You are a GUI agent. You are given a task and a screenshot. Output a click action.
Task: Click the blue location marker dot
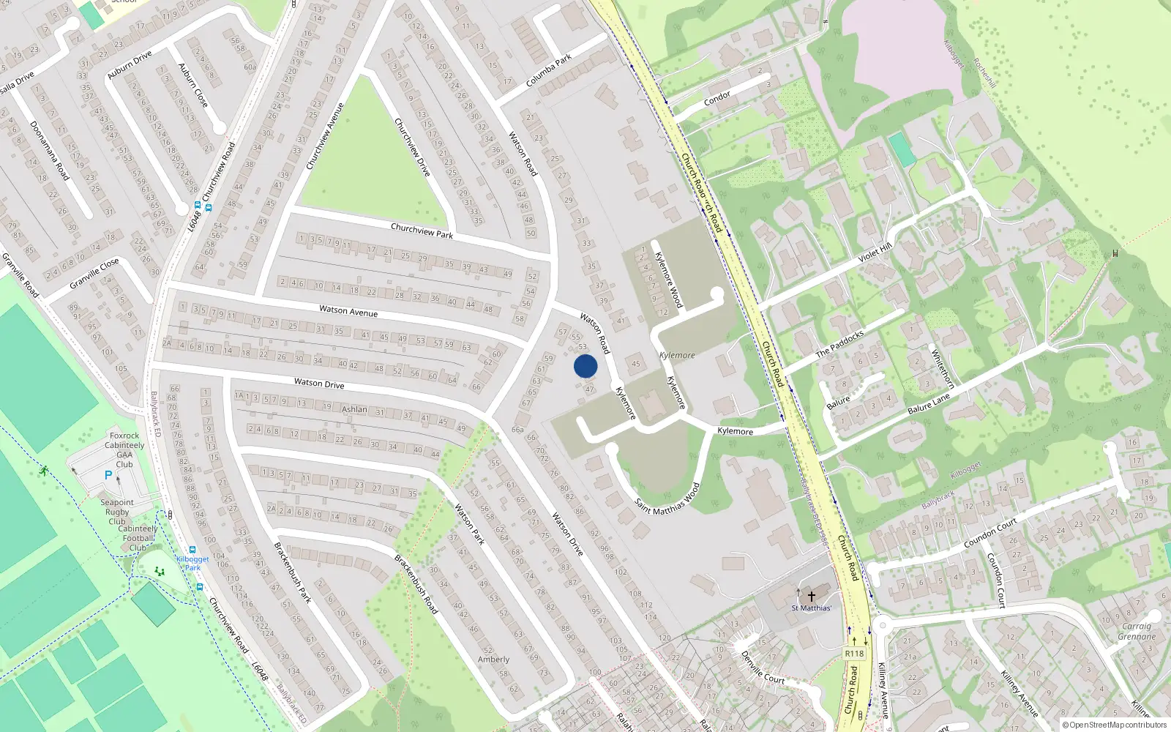[585, 366]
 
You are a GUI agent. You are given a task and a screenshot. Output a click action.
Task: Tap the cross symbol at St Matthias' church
[811, 597]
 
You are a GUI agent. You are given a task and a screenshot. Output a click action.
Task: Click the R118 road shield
[854, 654]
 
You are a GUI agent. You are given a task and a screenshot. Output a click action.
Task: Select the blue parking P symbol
[108, 475]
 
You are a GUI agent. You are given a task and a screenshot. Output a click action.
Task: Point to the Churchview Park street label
[422, 231]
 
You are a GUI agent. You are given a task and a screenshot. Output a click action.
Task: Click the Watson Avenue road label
[348, 311]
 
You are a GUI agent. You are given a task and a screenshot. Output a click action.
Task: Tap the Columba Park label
[549, 71]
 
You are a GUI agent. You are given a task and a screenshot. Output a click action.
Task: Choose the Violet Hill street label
[875, 253]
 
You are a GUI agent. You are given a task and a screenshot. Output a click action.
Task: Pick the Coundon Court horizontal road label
[990, 534]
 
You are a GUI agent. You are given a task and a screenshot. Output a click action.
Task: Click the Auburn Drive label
[130, 65]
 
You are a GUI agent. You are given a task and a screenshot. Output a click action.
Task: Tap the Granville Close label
[94, 273]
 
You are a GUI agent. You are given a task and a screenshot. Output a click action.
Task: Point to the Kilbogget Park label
[192, 563]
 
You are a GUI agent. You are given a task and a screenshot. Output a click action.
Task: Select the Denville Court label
[763, 668]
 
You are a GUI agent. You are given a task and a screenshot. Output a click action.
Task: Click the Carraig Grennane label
[1137, 631]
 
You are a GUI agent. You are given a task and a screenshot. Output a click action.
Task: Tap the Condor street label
[717, 97]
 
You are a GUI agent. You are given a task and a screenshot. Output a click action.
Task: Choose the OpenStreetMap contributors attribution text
[1118, 725]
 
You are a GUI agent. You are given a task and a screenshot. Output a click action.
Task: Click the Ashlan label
[355, 409]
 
